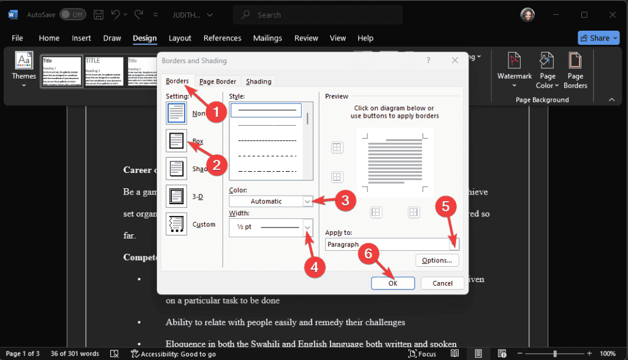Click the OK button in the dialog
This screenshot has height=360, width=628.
392,283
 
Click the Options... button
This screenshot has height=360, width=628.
437,260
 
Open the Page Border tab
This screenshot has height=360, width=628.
217,81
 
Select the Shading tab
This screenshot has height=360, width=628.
258,81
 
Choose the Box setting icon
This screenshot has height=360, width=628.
177,141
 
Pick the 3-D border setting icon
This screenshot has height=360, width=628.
177,196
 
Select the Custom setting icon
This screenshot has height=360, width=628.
177,224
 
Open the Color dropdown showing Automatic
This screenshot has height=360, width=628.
271,201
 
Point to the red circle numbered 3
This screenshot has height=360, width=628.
346,199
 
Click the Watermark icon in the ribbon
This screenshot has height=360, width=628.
515,67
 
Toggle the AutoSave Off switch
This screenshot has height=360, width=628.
74,14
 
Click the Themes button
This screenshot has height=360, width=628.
24,67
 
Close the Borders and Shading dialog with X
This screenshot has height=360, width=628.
455,61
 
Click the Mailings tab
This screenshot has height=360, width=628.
267,38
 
